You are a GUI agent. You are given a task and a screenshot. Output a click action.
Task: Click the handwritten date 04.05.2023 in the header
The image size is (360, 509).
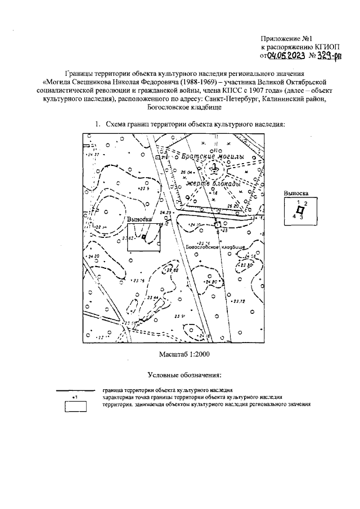[285, 56]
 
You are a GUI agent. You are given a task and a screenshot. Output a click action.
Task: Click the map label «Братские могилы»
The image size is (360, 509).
[211, 156]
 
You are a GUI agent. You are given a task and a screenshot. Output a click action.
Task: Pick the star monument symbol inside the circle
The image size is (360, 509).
[214, 166]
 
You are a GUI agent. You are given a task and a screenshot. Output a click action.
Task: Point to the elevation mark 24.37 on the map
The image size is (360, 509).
[92, 154]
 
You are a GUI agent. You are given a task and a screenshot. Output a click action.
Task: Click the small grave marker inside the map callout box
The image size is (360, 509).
[144, 237]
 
